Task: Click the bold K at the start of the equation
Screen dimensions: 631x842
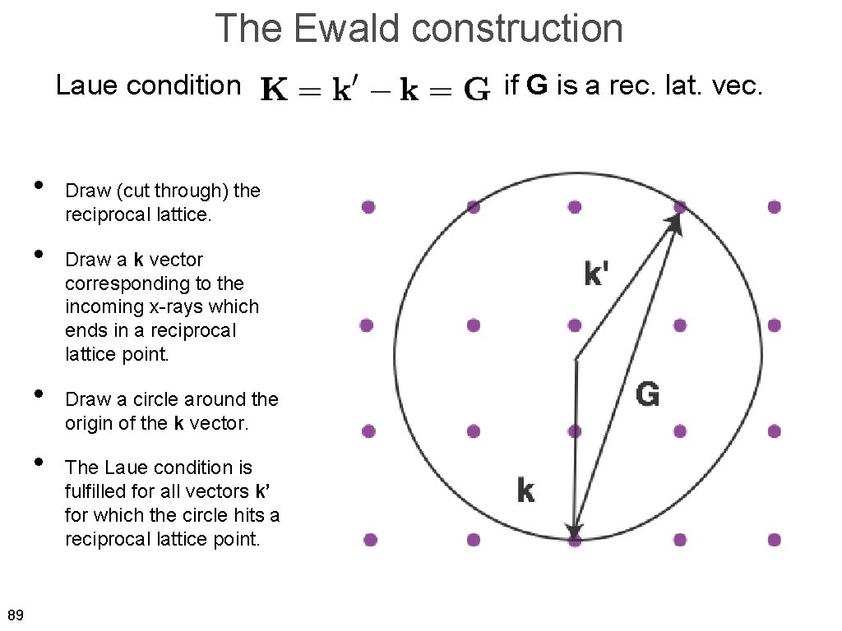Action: pos(274,89)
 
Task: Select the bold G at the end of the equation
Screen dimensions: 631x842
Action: pos(477,89)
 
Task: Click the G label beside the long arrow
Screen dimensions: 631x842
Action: pos(648,395)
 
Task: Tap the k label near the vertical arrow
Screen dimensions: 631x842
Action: pos(525,491)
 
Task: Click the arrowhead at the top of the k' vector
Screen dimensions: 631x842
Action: pos(677,222)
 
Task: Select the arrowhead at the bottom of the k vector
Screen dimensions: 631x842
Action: pos(575,532)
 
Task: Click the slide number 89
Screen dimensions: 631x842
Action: pos(15,615)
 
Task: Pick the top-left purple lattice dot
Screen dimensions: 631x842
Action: pos(368,207)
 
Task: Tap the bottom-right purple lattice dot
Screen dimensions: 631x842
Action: pos(774,540)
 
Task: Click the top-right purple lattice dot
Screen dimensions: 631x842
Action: pos(774,207)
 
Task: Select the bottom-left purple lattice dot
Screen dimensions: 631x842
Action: pos(370,540)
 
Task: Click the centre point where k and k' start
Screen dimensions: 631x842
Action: pos(576,359)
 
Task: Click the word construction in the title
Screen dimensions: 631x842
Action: pos(518,29)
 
